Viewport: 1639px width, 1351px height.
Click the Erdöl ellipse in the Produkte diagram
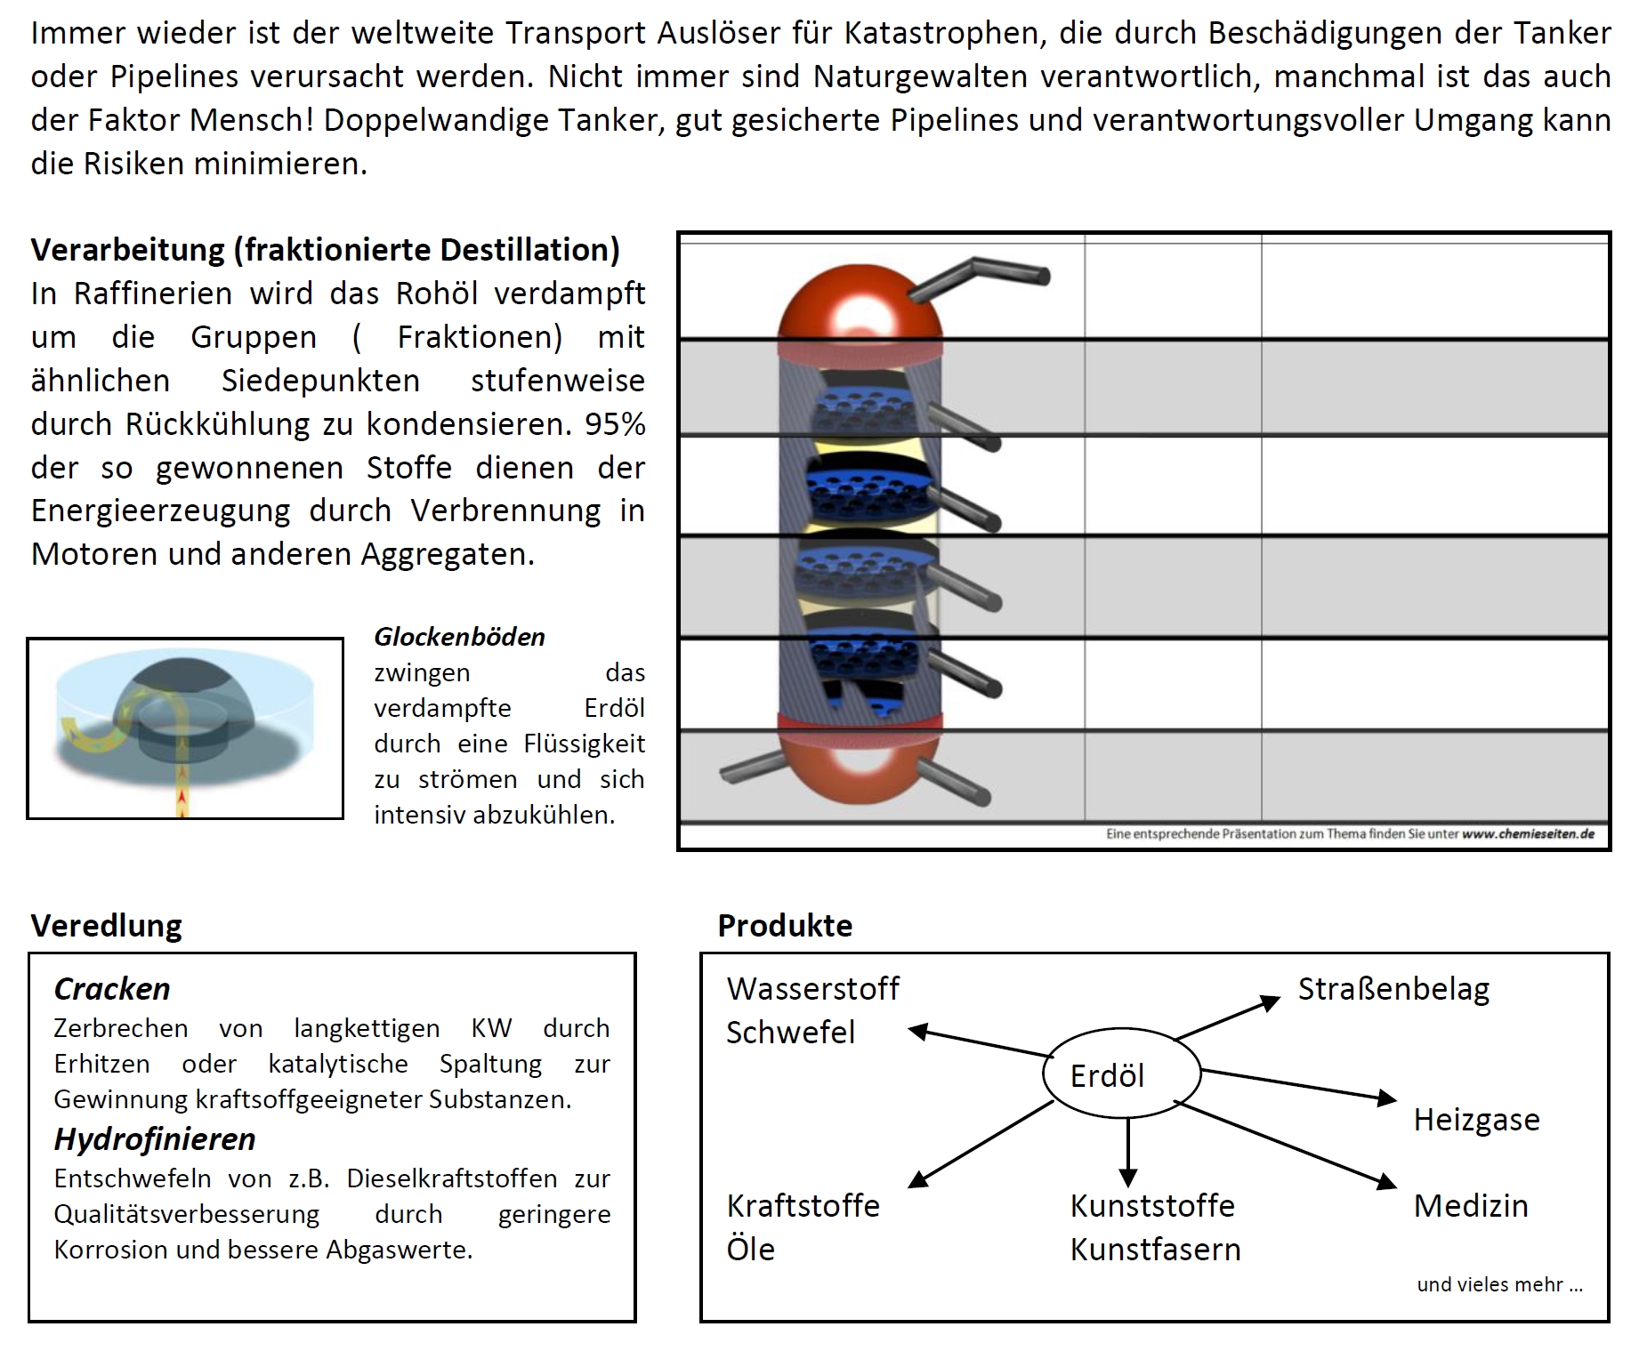coord(1121,1074)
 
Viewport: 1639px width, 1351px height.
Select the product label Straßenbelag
coord(1393,989)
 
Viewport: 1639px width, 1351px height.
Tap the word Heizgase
coord(1476,1119)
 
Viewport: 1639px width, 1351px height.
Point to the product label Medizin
coord(1470,1205)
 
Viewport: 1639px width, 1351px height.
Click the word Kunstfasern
coord(1155,1249)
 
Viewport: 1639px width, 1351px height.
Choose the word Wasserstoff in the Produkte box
coord(812,989)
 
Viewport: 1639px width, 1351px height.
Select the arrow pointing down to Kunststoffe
coord(1127,1152)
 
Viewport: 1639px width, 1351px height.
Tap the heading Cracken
coord(111,989)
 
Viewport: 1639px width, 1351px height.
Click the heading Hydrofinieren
coord(154,1138)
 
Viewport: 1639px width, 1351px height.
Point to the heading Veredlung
coord(106,925)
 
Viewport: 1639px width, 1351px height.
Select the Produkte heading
coord(785,925)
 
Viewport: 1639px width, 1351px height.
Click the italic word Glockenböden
coord(459,637)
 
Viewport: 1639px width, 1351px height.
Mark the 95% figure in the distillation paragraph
coord(615,423)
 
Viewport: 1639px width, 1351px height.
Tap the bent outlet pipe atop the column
coord(979,273)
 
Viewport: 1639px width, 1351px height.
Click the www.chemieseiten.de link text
coord(1528,834)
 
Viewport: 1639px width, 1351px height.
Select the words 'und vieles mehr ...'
coord(1499,1283)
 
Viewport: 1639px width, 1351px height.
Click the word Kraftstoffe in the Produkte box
coord(803,1205)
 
